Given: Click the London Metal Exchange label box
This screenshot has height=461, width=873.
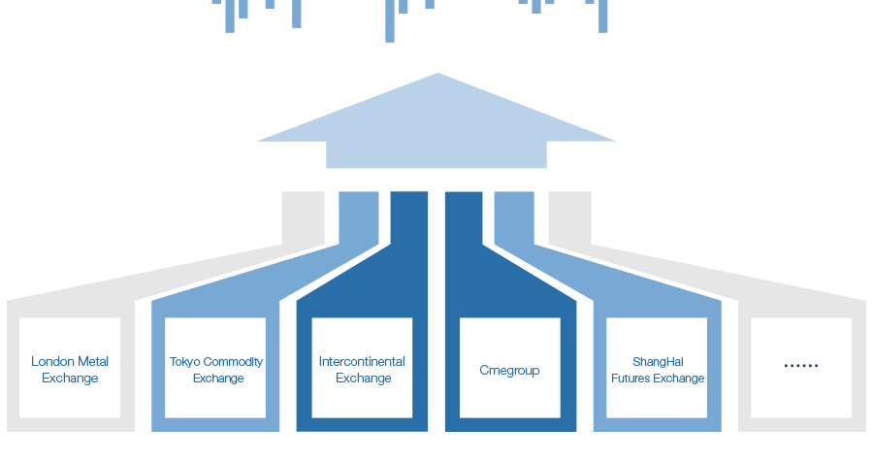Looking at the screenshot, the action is click(70, 368).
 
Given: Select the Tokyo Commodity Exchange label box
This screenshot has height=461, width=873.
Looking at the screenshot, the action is click(215, 368).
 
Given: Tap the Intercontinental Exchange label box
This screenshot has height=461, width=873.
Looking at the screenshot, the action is click(362, 368).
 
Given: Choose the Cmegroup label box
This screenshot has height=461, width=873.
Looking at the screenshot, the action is click(510, 368).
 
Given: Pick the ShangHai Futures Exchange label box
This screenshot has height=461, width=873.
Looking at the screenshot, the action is click(657, 368).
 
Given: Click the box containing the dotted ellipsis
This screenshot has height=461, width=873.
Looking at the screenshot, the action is click(801, 368).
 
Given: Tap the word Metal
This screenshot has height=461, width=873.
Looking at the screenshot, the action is click(93, 361).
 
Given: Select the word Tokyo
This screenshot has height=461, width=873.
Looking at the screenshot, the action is click(185, 362).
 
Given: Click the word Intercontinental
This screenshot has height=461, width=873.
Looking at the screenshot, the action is click(362, 361).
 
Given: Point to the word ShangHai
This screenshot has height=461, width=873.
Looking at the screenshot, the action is click(658, 362).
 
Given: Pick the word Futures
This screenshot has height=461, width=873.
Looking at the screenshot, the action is click(630, 379).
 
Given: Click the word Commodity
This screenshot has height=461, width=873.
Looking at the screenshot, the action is click(233, 362).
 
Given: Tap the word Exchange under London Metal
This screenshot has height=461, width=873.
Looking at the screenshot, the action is click(70, 379).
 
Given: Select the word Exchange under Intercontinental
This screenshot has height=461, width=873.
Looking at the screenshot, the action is click(364, 379).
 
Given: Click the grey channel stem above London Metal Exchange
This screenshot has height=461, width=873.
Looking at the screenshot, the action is click(303, 217).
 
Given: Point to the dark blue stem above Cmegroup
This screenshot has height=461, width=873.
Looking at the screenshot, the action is click(464, 217).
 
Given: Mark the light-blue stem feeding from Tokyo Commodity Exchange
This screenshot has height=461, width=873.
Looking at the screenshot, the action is click(359, 217).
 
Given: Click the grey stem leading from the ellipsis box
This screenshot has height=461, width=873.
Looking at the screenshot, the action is click(570, 217).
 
